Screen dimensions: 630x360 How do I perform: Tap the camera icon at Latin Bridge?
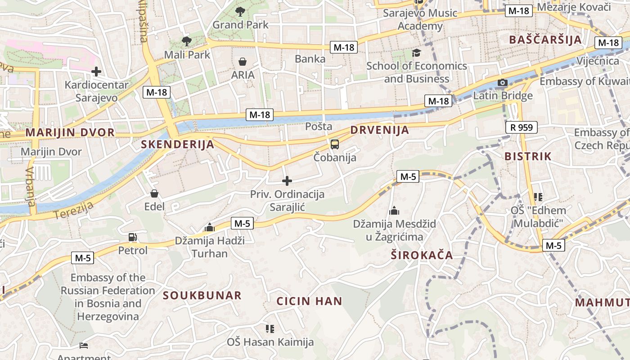502,83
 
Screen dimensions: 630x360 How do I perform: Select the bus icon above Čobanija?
334,144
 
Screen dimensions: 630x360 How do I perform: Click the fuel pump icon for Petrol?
132,237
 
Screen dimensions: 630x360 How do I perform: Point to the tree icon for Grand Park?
240,12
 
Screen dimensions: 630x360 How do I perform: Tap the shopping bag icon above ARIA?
243,62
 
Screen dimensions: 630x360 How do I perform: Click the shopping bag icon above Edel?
154,193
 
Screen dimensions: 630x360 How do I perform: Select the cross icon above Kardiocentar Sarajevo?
96,72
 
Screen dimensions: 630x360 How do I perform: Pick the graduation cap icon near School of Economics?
416,53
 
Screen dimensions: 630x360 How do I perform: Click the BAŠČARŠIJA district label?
545,40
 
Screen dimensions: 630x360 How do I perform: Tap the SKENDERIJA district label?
177,144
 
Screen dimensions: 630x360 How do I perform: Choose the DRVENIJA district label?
379,130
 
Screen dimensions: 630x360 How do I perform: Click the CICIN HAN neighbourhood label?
309,301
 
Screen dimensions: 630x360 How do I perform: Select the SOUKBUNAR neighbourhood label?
202,295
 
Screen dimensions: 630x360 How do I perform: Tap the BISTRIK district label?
528,156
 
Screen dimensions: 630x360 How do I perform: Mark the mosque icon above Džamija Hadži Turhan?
209,228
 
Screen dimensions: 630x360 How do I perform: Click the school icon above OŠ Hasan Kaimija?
270,329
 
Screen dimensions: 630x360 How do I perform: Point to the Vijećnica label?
598,61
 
